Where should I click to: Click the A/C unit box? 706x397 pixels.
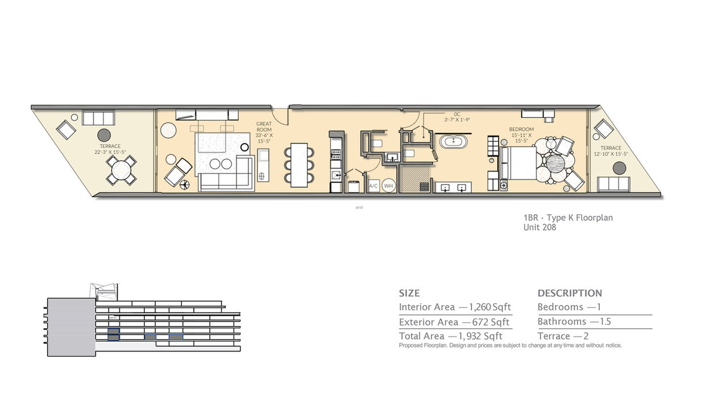click(373, 186)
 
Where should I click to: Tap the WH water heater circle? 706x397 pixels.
click(388, 186)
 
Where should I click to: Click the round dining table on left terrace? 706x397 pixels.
click(122, 169)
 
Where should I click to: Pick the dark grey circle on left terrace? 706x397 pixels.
click(103, 135)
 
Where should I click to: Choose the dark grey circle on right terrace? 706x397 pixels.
click(619, 168)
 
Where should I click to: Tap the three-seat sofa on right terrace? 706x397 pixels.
click(614, 183)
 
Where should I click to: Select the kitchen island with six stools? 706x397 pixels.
click(299, 165)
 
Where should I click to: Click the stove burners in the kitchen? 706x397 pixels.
click(335, 153)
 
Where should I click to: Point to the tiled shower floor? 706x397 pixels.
click(415, 179)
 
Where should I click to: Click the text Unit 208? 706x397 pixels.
click(539, 227)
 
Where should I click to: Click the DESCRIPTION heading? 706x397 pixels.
click(570, 293)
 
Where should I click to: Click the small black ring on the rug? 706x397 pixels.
click(244, 147)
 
